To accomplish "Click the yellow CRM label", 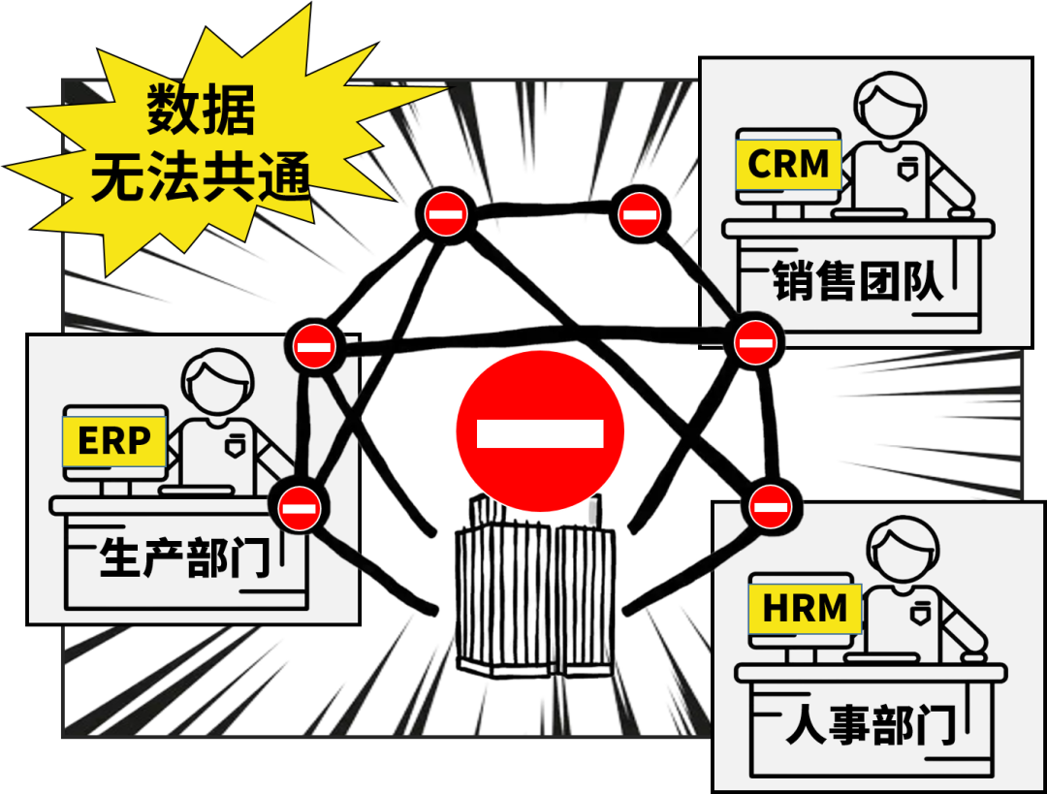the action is (x=788, y=164).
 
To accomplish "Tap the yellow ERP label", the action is (x=113, y=442).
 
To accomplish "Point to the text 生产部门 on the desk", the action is (x=184, y=559).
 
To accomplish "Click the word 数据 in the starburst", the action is (x=202, y=111).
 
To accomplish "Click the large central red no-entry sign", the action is (x=540, y=432).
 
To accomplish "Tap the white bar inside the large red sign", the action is (x=540, y=433).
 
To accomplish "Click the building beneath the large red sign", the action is (x=534, y=596).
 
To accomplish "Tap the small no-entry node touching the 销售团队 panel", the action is (x=754, y=341).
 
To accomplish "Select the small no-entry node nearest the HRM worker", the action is (x=771, y=505).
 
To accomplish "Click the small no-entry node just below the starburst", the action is (x=445, y=213).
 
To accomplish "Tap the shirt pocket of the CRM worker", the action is (x=906, y=169).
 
